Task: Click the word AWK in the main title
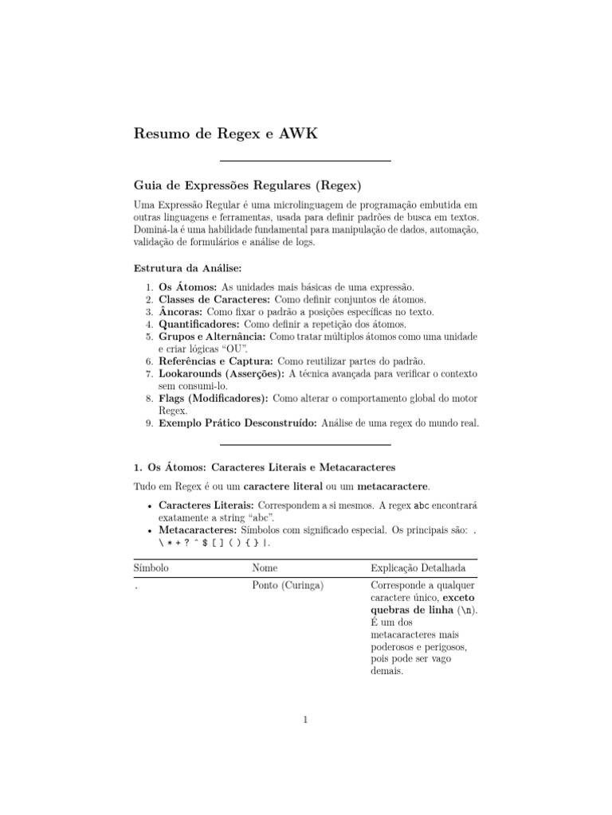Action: point(298,134)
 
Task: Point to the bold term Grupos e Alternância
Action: point(211,337)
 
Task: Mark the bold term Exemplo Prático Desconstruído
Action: point(237,423)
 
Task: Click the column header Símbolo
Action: point(151,568)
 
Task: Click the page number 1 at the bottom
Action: point(305,721)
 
